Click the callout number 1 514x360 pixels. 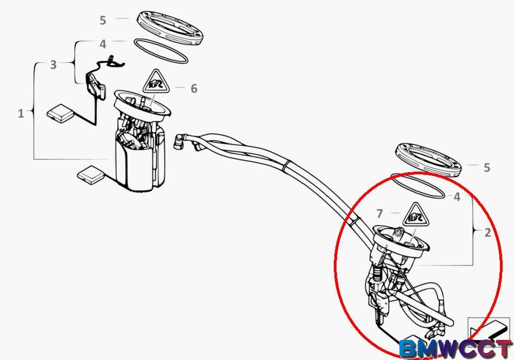[21, 114]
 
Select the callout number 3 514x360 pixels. [53, 64]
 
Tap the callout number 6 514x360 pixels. [194, 88]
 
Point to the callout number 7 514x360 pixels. [380, 213]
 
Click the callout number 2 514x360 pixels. [488, 232]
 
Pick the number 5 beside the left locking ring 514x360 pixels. [103, 21]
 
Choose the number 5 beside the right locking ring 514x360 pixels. [487, 167]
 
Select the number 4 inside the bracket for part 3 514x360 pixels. [103, 44]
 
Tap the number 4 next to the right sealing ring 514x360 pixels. [457, 197]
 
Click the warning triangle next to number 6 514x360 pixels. [156, 82]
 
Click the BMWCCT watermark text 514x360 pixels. [456, 349]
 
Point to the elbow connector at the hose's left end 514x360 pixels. [180, 141]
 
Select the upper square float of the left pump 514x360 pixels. [61, 114]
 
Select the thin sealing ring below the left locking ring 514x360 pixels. [161, 51]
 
